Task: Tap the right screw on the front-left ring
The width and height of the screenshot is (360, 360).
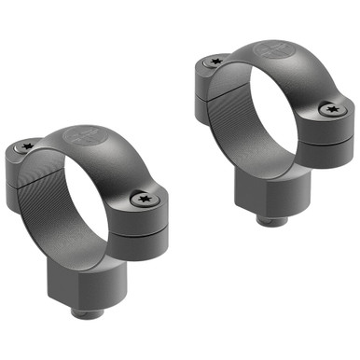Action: coord(144,198)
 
